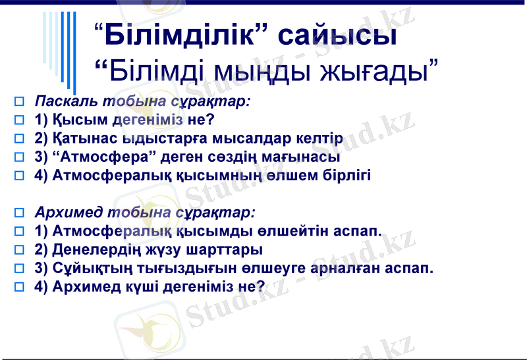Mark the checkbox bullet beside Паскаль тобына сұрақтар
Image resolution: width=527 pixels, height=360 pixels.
pyautogui.click(x=19, y=102)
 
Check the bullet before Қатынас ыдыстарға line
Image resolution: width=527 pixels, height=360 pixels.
pyautogui.click(x=19, y=139)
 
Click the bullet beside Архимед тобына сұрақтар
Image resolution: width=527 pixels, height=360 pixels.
pyautogui.click(x=19, y=213)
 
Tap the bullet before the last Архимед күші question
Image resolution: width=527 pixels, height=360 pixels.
pyautogui.click(x=19, y=287)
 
